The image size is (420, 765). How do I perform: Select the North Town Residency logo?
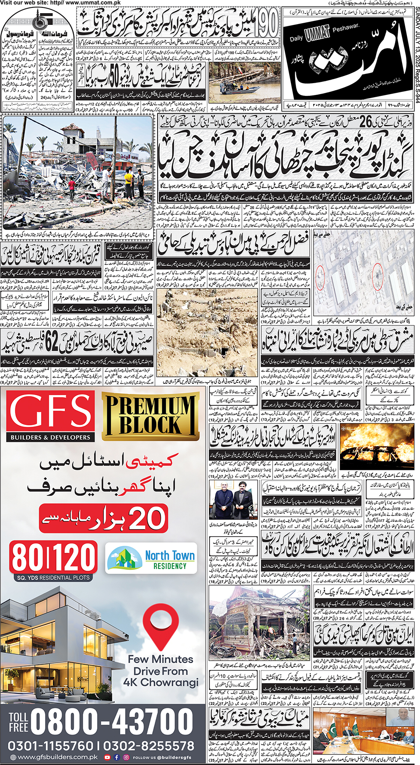(x=151, y=558)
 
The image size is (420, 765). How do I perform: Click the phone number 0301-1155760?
(x=51, y=745)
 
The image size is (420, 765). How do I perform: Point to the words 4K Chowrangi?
(x=161, y=682)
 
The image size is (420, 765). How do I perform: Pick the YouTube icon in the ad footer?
(x=107, y=757)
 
